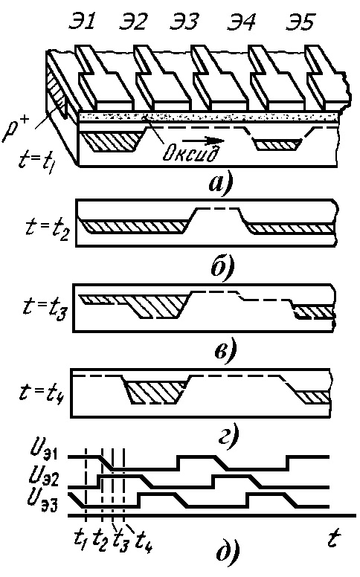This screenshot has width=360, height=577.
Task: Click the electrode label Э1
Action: click(82, 22)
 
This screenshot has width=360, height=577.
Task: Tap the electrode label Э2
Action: click(133, 22)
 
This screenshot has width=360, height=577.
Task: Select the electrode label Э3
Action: click(184, 22)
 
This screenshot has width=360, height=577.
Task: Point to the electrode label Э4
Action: click(242, 22)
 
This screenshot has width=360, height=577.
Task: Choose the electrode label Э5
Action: click(300, 22)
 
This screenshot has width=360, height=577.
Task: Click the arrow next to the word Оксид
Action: click(203, 141)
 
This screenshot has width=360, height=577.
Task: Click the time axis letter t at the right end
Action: click(333, 539)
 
